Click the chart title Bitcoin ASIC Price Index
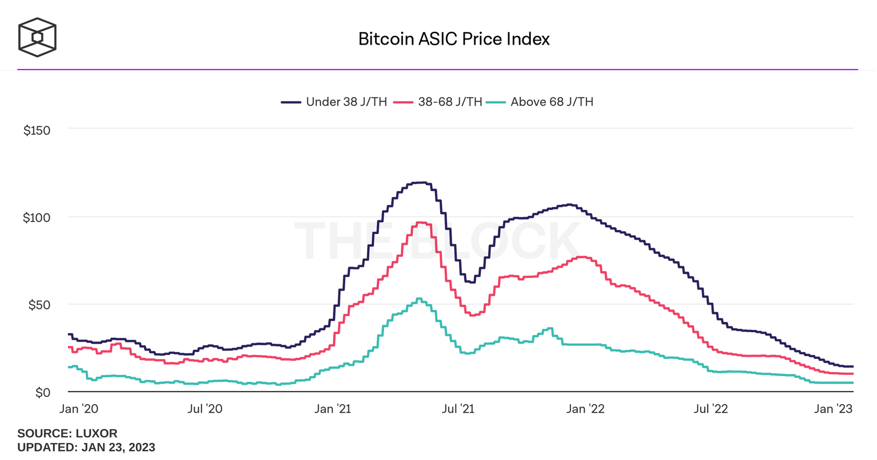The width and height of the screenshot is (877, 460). pyautogui.click(x=454, y=39)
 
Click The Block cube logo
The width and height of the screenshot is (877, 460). pyautogui.click(x=37, y=38)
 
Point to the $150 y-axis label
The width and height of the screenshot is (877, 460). pyautogui.click(x=37, y=130)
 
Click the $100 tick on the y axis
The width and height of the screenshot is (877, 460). pyautogui.click(x=37, y=217)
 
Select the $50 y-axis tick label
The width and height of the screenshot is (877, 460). pyautogui.click(x=39, y=305)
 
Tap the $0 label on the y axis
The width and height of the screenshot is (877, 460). pyautogui.click(x=42, y=393)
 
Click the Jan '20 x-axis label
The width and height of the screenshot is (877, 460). pyautogui.click(x=79, y=409)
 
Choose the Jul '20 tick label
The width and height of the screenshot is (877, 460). pyautogui.click(x=205, y=409)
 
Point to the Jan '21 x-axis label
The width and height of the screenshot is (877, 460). pyautogui.click(x=332, y=409)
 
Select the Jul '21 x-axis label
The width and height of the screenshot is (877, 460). pyautogui.click(x=458, y=409)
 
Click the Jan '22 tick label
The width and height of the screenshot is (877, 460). pyautogui.click(x=585, y=409)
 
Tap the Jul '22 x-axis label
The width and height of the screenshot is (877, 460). pyautogui.click(x=711, y=409)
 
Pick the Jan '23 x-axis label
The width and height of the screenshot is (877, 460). pyautogui.click(x=832, y=409)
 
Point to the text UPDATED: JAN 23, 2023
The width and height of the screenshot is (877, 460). pyautogui.click(x=86, y=447)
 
